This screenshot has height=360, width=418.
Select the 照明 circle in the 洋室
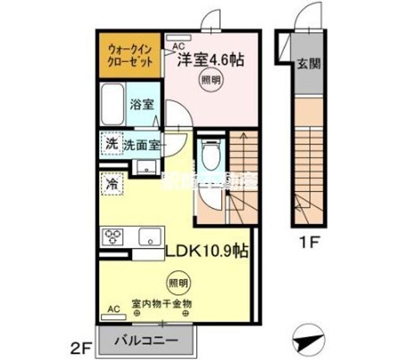pyautogui.click(x=210, y=80)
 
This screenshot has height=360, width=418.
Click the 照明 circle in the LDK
pyautogui.click(x=178, y=283)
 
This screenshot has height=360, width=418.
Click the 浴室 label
pyautogui.click(x=142, y=105)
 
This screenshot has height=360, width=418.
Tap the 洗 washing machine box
pyautogui.click(x=110, y=144)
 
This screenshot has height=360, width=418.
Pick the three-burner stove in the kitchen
pyautogui.click(x=114, y=237)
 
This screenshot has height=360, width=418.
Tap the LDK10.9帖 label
pyautogui.click(x=207, y=251)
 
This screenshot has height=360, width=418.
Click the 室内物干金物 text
pyautogui.click(x=162, y=303)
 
